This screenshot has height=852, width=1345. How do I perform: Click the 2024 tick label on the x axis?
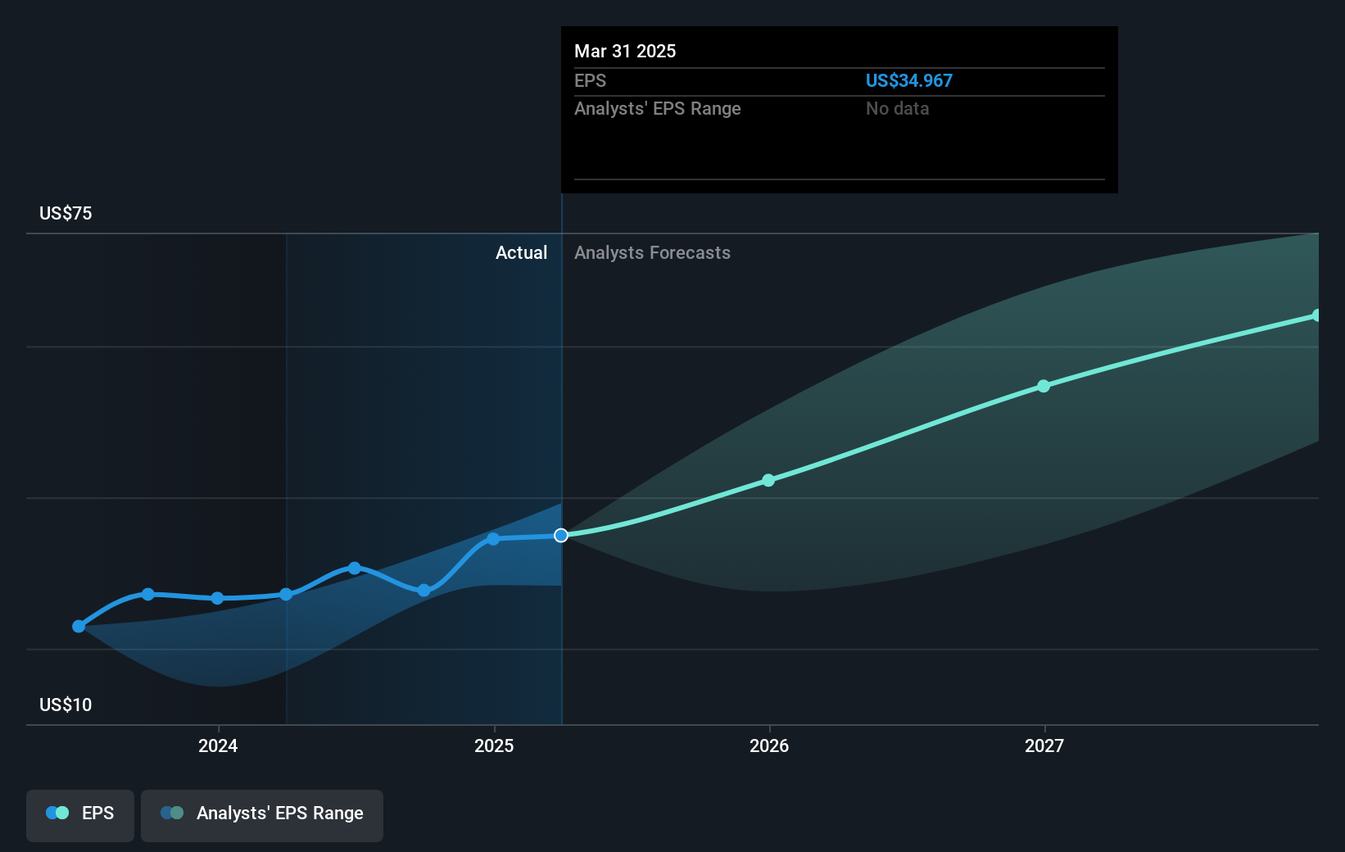pyautogui.click(x=218, y=745)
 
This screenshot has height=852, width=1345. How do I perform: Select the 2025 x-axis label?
pyautogui.click(x=494, y=745)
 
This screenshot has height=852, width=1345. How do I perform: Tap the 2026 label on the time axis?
pyautogui.click(x=769, y=745)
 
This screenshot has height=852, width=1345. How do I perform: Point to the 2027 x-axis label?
pyautogui.click(x=1044, y=745)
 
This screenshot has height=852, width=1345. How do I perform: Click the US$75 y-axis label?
pyautogui.click(x=66, y=214)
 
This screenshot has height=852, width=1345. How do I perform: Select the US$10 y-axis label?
pyautogui.click(x=66, y=705)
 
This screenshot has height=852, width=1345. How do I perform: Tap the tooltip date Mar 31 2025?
pyautogui.click(x=625, y=52)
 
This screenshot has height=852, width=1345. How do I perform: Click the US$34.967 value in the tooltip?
pyautogui.click(x=908, y=81)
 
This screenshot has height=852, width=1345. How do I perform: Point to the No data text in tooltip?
pyautogui.click(x=897, y=109)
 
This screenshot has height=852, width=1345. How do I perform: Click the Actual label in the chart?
pyautogui.click(x=521, y=253)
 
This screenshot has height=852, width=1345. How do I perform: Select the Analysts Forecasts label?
pyautogui.click(x=652, y=253)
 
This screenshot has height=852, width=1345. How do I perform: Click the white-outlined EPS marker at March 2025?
pyautogui.click(x=561, y=536)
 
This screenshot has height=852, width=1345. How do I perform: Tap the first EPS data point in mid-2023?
pyautogui.click(x=79, y=627)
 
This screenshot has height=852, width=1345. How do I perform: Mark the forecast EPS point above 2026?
pyautogui.click(x=768, y=481)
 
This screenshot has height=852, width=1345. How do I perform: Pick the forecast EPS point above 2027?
pyautogui.click(x=1044, y=387)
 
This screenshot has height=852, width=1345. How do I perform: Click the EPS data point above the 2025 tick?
pyautogui.click(x=493, y=539)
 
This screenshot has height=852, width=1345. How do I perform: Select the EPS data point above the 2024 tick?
pyautogui.click(x=217, y=599)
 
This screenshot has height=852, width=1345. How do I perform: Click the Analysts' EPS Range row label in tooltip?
pyautogui.click(x=657, y=109)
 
